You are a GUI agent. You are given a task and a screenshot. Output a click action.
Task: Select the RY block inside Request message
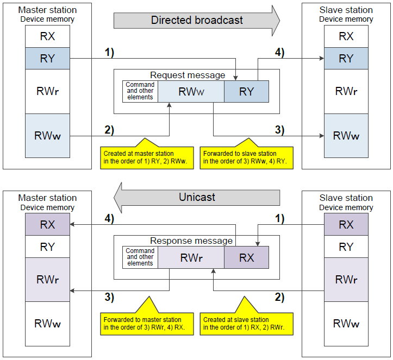(246, 91)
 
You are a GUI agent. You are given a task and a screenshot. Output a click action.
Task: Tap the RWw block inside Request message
(191, 91)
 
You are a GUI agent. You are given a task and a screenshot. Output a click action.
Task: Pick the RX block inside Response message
(246, 257)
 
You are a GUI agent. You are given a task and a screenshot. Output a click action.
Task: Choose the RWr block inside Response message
(191, 257)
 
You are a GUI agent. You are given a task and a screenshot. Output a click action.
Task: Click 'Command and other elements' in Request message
(140, 91)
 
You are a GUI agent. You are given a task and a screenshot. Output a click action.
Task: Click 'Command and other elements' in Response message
(140, 257)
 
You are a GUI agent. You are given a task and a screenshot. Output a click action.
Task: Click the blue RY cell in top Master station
(47, 58)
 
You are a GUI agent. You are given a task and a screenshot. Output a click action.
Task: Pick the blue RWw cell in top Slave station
(346, 136)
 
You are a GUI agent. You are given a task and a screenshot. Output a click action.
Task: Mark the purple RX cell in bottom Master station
(47, 224)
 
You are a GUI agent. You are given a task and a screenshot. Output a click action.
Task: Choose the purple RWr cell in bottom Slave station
(346, 280)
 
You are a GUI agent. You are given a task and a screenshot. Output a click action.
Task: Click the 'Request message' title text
(188, 75)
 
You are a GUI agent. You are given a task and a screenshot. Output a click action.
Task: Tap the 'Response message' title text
(191, 241)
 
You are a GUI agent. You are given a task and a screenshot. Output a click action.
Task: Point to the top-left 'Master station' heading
(47, 10)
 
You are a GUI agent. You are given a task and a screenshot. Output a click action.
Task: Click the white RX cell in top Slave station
(346, 36)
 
